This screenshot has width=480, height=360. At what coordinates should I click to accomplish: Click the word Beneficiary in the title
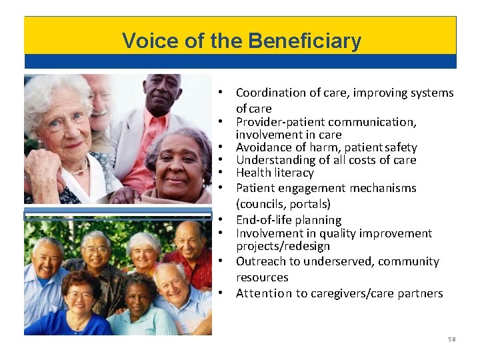305,41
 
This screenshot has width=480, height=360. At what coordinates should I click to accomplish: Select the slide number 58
451,339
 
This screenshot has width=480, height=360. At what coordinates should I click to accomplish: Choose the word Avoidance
263,147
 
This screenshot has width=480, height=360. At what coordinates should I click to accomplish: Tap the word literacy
293,173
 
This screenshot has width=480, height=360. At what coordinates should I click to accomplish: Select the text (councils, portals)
283,204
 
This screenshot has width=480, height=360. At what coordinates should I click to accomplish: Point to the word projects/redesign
283,246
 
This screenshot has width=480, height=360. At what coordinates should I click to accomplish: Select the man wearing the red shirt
193,257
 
